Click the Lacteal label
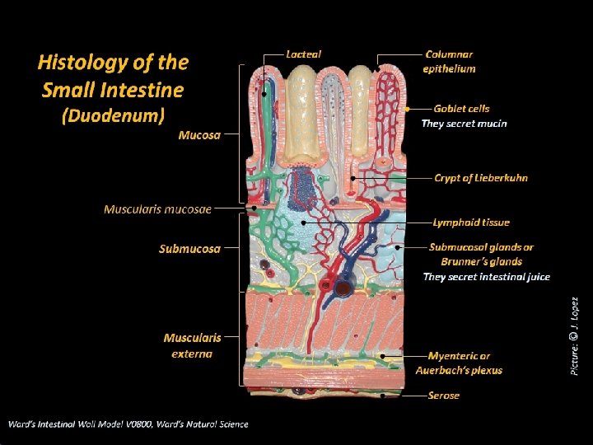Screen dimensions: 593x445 click(303, 54)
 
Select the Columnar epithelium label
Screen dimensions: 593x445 click(449, 61)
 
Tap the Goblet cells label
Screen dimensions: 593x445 click(461, 108)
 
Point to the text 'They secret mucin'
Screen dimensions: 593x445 click(464, 124)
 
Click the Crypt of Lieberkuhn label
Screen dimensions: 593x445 click(481, 177)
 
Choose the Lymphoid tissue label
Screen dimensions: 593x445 click(471, 222)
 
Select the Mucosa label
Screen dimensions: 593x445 click(199, 135)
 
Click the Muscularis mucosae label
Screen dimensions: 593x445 click(157, 209)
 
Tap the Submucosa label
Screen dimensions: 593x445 click(189, 248)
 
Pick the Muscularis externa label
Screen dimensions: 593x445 click(192, 345)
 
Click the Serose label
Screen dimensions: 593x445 click(444, 396)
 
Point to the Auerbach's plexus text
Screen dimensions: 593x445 click(459, 370)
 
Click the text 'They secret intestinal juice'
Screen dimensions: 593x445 click(486, 277)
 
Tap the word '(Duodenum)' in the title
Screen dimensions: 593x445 click(113, 115)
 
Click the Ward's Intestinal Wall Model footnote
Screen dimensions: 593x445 click(128, 424)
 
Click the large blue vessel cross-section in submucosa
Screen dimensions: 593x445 click(342, 287)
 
